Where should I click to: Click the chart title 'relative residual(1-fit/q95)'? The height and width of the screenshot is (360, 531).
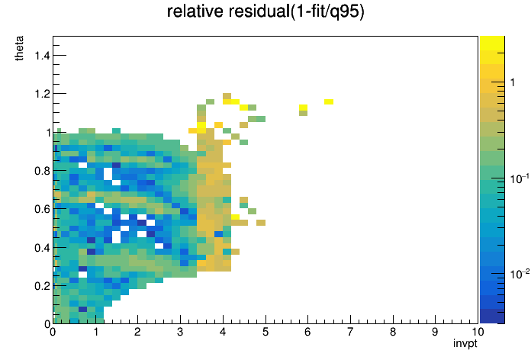pos(265,12)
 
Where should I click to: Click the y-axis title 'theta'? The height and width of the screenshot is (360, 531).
pos(19,48)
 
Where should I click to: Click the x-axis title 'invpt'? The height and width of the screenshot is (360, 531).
pos(465,344)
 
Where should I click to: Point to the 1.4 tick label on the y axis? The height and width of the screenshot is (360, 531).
pos(42,55)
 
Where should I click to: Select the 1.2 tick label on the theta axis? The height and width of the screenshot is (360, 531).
pos(42,94)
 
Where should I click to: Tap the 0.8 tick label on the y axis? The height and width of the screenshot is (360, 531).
pos(42,171)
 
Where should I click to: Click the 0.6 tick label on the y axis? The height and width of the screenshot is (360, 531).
pos(42,209)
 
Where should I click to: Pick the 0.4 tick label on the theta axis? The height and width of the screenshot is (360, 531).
pos(42,248)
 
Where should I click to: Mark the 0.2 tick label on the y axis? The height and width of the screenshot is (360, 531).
pos(42,286)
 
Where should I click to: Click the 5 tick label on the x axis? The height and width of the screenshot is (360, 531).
pos(265,332)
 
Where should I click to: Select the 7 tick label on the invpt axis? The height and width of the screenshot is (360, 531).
pos(350,332)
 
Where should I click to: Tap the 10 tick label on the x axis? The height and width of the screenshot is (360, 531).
pos(478,332)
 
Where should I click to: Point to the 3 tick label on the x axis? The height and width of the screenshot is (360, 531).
pos(181,332)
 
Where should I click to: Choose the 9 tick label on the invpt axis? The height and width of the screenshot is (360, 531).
pos(435,332)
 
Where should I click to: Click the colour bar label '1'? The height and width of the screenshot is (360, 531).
pos(513,82)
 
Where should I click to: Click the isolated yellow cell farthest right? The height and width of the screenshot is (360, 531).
pos(329,102)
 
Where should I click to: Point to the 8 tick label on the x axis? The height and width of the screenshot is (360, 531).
pos(393,332)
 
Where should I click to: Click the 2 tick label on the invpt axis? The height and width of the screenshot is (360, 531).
pos(138,332)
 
